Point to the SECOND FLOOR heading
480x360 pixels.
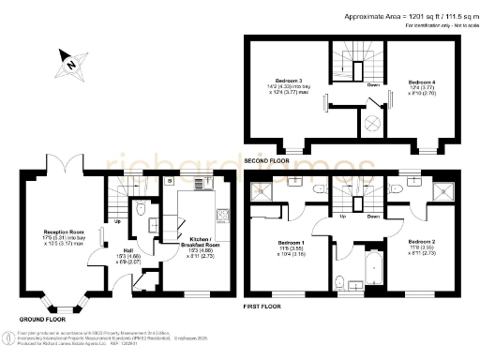click(269, 160)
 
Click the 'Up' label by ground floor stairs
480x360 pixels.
click(115, 222)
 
